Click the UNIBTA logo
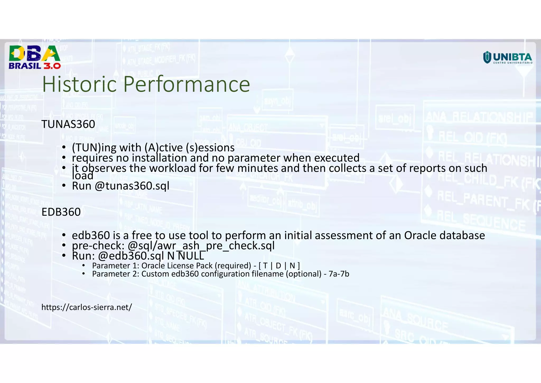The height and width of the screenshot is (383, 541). click(507, 58)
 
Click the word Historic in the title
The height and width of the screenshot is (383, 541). click(79, 84)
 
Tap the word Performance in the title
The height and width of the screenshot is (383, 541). click(186, 84)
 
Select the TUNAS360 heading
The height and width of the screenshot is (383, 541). click(68, 124)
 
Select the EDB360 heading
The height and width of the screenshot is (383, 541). click(61, 212)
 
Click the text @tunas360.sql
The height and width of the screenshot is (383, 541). click(132, 186)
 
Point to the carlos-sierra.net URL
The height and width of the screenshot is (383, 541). click(87, 307)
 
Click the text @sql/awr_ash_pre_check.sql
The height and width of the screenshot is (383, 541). click(201, 246)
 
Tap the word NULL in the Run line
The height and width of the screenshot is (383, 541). click(191, 256)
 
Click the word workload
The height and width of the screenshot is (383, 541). click(172, 168)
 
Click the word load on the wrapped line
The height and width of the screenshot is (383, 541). click(82, 176)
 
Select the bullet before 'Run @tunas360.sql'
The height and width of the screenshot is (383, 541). click(64, 186)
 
